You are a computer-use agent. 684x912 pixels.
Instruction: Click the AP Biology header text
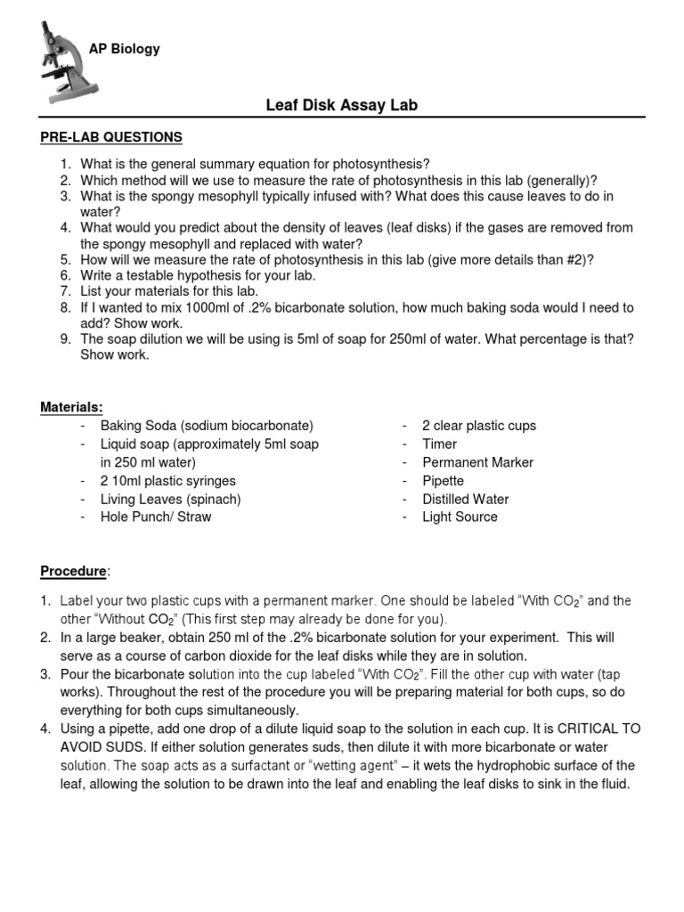(124, 49)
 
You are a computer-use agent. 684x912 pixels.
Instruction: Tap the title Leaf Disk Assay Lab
(342, 106)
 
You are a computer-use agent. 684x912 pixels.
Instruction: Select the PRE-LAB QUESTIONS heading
(110, 137)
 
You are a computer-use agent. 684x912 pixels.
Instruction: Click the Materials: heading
(71, 407)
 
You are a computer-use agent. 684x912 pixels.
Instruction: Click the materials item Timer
(439, 444)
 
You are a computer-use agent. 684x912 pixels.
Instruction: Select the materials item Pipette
(443, 481)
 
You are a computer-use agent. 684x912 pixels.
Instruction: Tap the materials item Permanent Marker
(477, 462)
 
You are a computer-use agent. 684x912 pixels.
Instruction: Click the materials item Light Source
(460, 517)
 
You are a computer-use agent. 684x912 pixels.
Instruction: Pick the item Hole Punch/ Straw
(156, 517)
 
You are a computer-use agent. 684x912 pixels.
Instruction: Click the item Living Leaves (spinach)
(170, 499)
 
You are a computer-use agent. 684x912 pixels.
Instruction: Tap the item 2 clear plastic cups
(479, 426)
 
